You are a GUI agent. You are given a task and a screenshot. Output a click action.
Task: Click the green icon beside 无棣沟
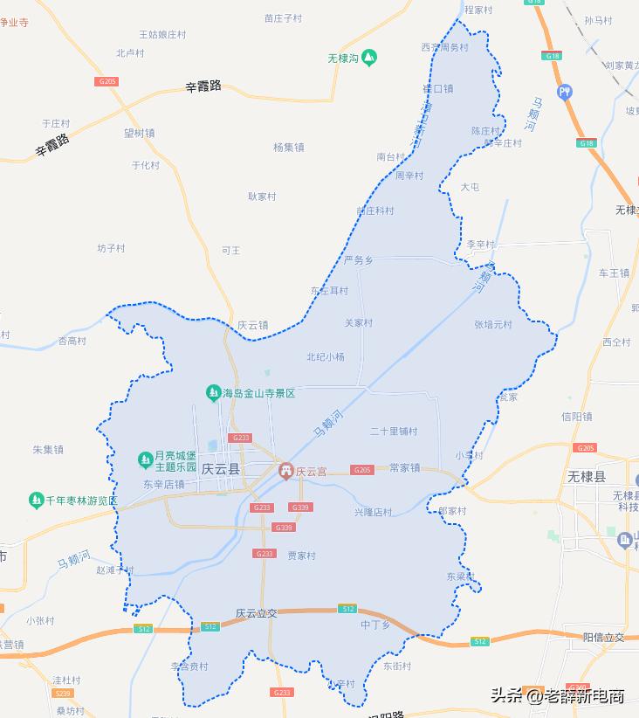coord(370,58)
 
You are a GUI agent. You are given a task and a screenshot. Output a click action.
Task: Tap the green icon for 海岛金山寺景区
coord(212,393)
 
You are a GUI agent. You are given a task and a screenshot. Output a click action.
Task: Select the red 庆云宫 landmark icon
coord(285,472)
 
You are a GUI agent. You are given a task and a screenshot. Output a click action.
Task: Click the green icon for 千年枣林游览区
coord(36,501)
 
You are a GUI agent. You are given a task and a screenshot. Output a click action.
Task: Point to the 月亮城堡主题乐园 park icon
coord(145,459)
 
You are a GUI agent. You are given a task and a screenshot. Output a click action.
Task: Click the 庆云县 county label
coord(220,469)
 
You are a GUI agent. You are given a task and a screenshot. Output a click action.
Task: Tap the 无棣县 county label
coord(587,477)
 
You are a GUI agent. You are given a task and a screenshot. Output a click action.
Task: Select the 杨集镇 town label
coord(288,148)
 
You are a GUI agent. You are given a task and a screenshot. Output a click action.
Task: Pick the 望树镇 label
coord(139,134)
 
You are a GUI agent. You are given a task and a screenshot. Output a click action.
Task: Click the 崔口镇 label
coord(437,88)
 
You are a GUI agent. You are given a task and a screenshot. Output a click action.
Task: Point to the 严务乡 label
coord(358,260)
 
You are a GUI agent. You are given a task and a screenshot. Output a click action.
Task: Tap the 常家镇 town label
coord(404,468)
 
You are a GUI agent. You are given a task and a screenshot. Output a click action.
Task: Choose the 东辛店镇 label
coord(164,485)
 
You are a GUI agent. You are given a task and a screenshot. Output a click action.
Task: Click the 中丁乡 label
coord(375,625)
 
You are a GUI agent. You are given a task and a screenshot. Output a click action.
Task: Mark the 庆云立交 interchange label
coord(256,614)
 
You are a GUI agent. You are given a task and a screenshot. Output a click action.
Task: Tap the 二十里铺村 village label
coord(394,431)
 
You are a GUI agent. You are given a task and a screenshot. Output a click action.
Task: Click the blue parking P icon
coord(565,90)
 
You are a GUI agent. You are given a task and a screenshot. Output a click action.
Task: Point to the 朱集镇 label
coord(48,450)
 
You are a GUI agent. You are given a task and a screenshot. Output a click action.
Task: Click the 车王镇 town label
coord(614,273)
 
